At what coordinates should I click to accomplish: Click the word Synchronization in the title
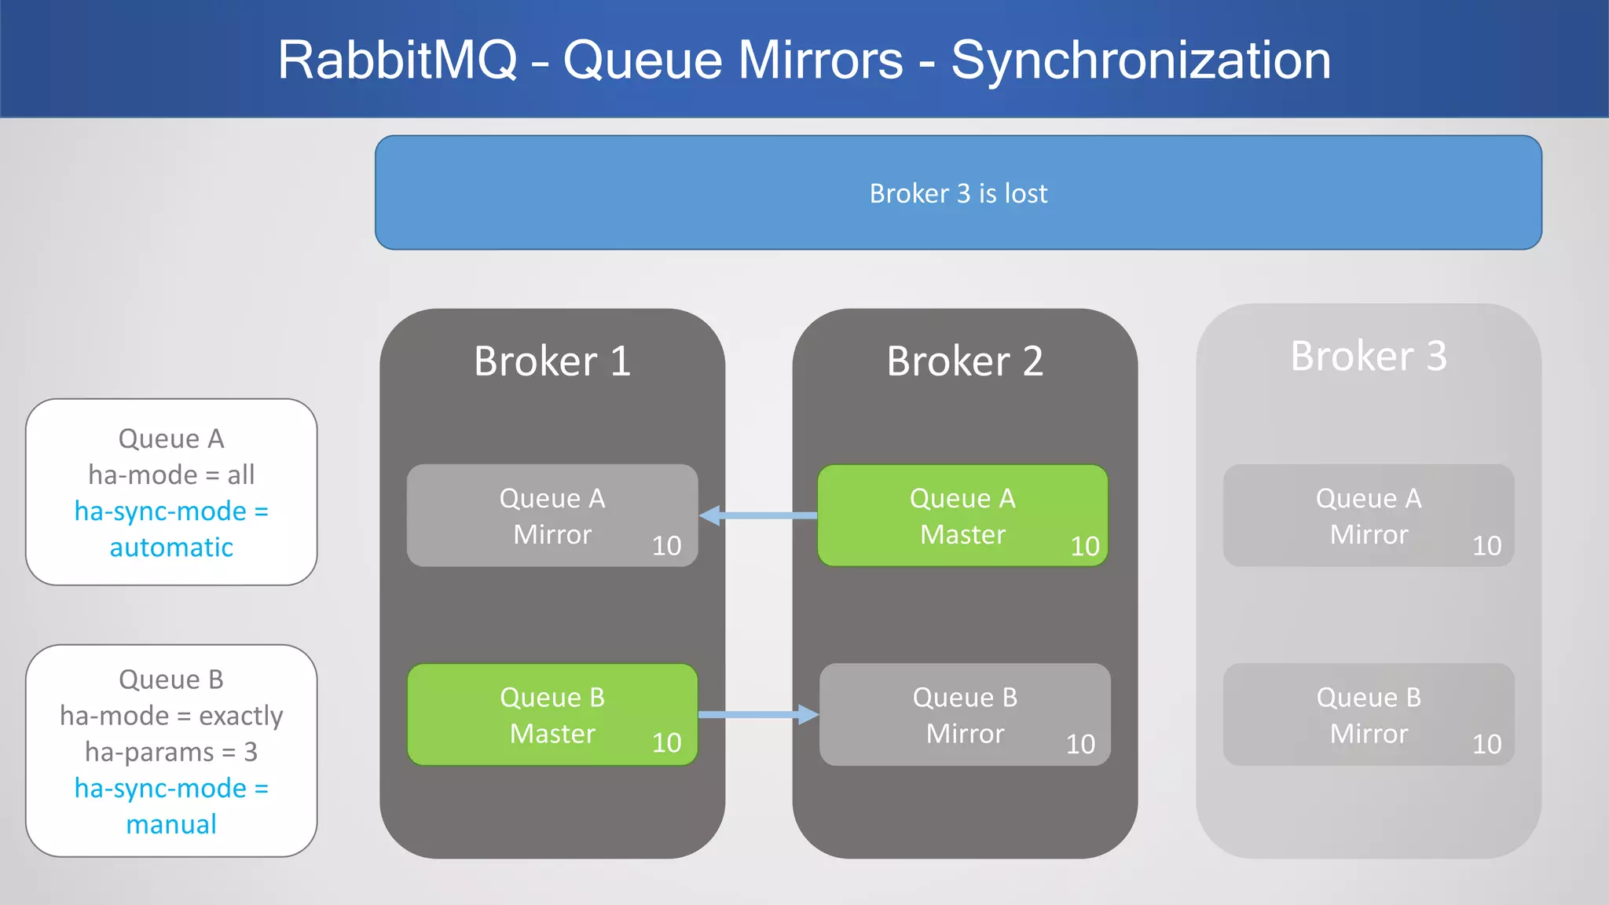tap(1141, 60)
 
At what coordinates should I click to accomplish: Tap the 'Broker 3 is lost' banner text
tap(958, 193)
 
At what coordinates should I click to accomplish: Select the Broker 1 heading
tap(552, 361)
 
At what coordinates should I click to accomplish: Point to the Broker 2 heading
tap(964, 361)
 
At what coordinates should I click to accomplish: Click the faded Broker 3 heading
tap(1368, 356)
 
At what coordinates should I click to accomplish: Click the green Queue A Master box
tap(962, 515)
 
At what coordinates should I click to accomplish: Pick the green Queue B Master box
tap(552, 715)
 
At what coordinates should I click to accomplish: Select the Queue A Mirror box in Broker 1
tap(552, 515)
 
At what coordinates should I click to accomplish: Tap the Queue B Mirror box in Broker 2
tap(964, 715)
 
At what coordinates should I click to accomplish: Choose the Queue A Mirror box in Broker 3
tap(1368, 515)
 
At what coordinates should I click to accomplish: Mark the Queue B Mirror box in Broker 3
tap(1368, 715)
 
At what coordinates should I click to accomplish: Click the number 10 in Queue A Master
tap(1084, 546)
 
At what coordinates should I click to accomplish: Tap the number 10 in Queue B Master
tap(666, 743)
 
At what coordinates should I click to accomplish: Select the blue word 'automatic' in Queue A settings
tap(171, 548)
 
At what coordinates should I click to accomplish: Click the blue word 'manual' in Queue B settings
tap(171, 824)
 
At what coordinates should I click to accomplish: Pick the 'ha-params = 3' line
tap(171, 752)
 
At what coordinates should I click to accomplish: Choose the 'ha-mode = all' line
tap(171, 474)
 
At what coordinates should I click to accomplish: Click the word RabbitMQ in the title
tap(398, 60)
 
